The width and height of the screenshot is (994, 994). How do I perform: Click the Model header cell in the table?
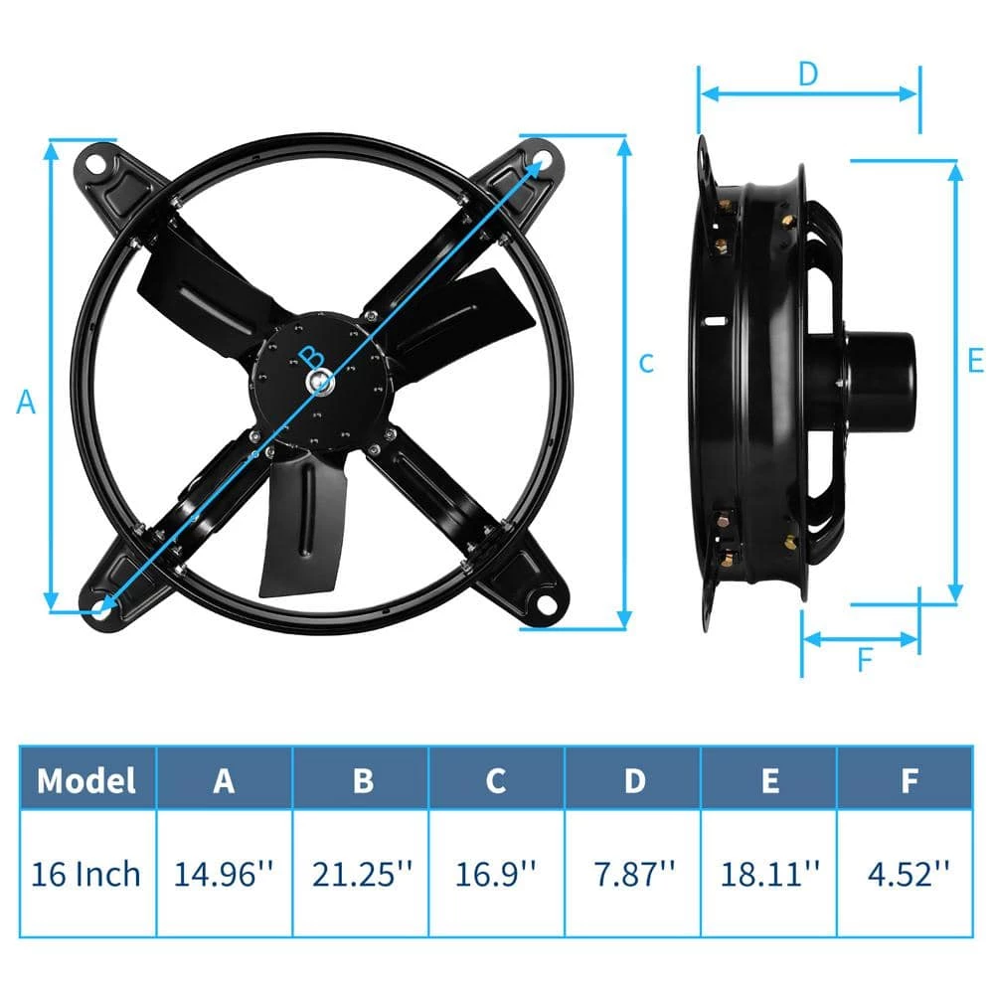[86, 780]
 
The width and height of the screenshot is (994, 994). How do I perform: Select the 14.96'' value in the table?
[225, 874]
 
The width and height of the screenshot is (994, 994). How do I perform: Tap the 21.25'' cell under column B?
[361, 874]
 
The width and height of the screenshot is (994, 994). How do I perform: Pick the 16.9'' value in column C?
[496, 874]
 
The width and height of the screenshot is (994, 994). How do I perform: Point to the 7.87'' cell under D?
[633, 874]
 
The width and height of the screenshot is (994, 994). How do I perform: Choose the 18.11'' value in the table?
[769, 874]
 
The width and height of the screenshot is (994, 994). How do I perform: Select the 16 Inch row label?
[86, 874]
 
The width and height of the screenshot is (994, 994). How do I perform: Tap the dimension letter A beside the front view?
[27, 403]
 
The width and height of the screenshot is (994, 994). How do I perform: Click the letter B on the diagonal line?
[311, 355]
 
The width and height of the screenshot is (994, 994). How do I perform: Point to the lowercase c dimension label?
[646, 364]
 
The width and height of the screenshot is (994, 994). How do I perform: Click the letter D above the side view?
[807, 73]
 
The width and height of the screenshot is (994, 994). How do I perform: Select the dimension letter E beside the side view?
[975, 360]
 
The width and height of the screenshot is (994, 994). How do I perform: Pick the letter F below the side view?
[863, 659]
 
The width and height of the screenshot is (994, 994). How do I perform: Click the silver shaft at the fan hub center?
[320, 381]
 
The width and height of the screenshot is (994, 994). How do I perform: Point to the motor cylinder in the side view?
[880, 378]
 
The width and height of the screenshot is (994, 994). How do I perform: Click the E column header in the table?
[769, 780]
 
